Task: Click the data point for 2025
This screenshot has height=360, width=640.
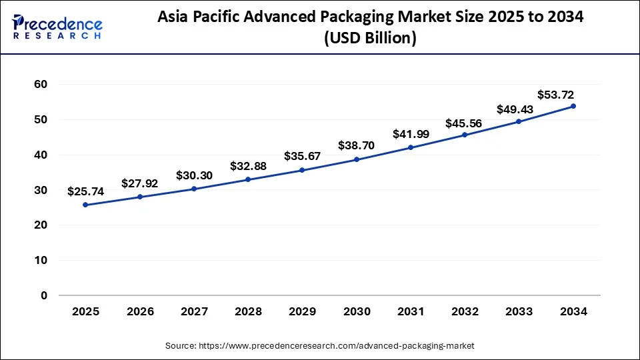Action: (85, 205)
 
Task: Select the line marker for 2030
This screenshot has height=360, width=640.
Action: (356, 159)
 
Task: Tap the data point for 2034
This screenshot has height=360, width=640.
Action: (573, 106)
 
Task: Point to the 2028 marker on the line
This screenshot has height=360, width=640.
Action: (248, 179)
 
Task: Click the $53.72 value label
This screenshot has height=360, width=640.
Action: (555, 95)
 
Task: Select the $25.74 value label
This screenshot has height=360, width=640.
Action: (85, 191)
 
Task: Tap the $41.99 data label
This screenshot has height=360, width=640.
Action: (411, 134)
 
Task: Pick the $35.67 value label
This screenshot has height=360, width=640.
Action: (302, 156)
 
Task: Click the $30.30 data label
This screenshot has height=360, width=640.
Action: (194, 175)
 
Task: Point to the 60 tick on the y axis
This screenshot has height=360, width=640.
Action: (41, 85)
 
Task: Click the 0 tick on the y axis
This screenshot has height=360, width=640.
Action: (45, 295)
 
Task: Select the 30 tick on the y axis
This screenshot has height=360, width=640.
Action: (41, 190)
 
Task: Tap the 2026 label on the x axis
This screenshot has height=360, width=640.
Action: (140, 311)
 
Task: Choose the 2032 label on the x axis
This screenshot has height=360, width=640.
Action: (465, 311)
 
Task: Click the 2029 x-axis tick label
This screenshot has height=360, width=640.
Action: (302, 311)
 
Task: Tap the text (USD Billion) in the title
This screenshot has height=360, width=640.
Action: (370, 39)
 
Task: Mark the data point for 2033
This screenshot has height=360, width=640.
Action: (519, 121)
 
